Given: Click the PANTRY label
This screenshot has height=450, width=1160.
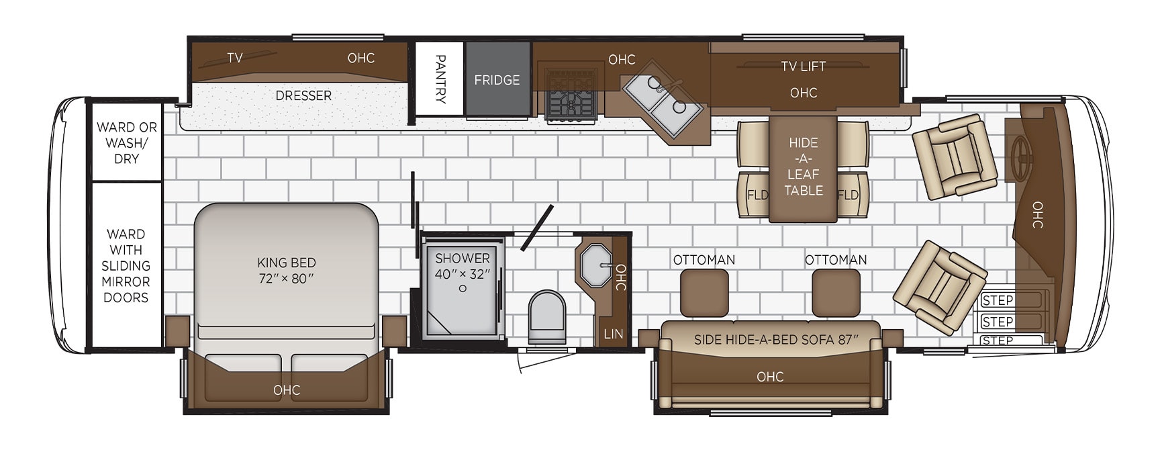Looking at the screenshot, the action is pyautogui.click(x=440, y=79).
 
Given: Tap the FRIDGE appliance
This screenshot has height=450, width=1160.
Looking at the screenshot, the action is pyautogui.click(x=497, y=79).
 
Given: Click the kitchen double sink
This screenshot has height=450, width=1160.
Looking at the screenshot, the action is pyautogui.click(x=663, y=103).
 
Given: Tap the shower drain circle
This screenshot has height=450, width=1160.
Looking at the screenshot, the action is pyautogui.click(x=463, y=289).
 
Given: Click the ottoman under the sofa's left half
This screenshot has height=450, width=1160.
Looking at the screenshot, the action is pyautogui.click(x=704, y=293).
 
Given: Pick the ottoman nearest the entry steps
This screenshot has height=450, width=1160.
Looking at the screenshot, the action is pyautogui.click(x=836, y=293).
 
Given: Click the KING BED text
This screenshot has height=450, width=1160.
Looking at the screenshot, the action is pyautogui.click(x=287, y=263).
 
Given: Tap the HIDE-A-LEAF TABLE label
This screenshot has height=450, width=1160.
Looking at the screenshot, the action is pyautogui.click(x=804, y=167).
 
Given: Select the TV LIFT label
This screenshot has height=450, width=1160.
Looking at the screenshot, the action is pyautogui.click(x=804, y=66).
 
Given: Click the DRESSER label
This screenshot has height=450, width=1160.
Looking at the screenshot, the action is pyautogui.click(x=303, y=96).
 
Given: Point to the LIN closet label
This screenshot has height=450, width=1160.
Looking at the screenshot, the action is pyautogui.click(x=613, y=334).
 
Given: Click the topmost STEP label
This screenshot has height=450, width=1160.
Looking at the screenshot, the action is pyautogui.click(x=997, y=300).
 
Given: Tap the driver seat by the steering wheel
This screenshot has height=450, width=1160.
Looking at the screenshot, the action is pyautogui.click(x=955, y=156).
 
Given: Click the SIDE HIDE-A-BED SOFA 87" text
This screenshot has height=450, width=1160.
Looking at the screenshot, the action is pyautogui.click(x=776, y=340).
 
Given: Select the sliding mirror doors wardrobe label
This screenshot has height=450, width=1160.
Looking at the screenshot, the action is pyautogui.click(x=126, y=265).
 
